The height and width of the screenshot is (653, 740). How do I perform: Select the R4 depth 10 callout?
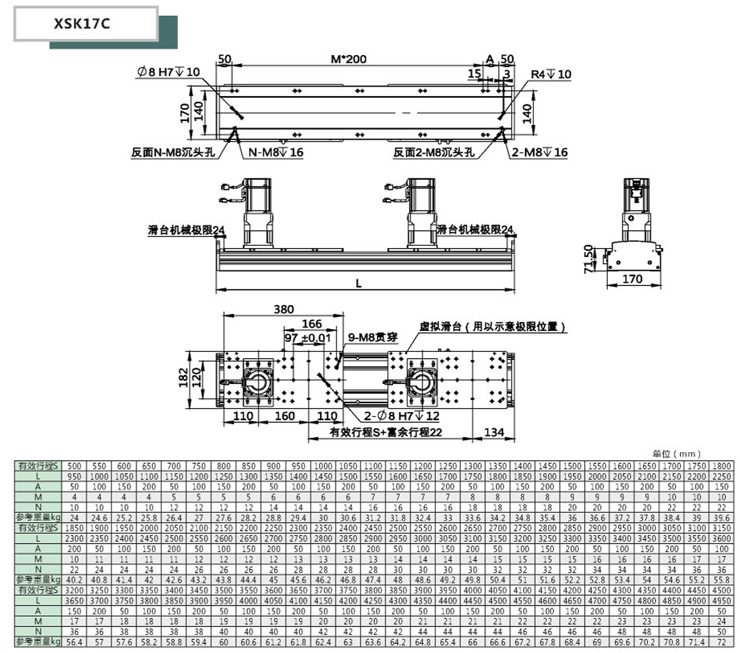pos(550,74)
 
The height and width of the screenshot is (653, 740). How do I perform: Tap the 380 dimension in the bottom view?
pos(284,309)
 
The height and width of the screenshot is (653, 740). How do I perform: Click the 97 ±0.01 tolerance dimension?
pos(308,339)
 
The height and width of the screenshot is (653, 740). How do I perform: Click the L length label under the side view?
pos(359,284)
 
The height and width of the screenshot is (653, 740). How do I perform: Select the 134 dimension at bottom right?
pos(494,432)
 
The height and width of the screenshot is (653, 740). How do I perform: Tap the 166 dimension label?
pos(312,324)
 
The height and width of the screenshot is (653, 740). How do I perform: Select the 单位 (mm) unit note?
pos(677,453)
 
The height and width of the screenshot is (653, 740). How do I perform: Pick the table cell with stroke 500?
pos(75,466)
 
